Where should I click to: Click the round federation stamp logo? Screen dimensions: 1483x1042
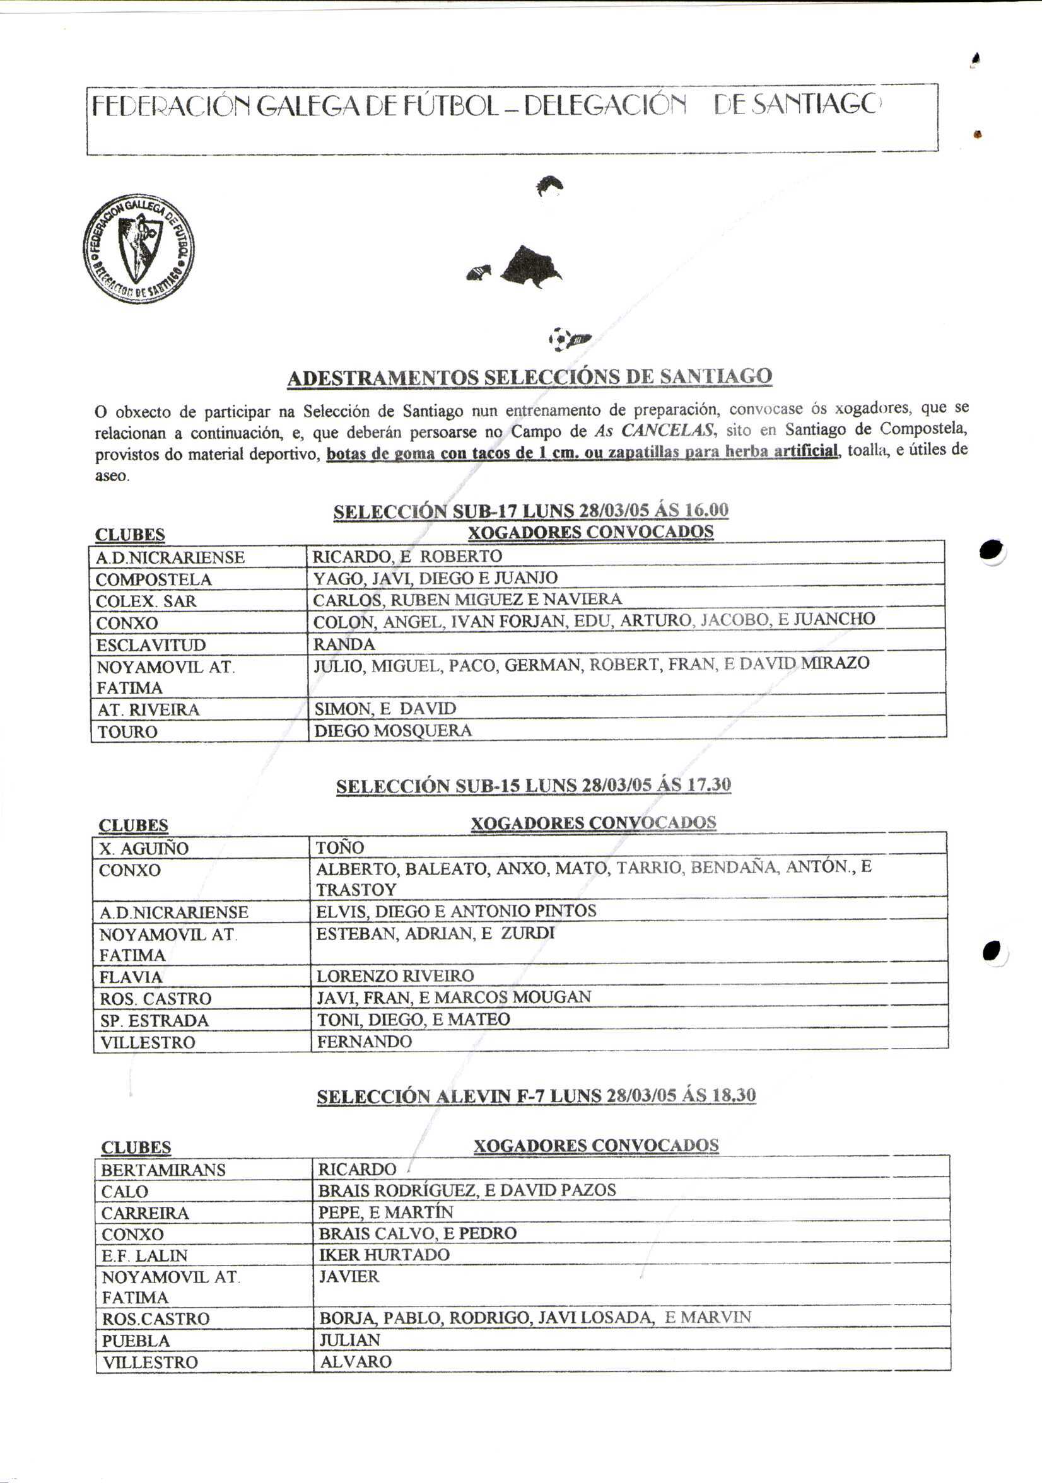click(138, 248)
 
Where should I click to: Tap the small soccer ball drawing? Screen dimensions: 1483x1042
click(559, 338)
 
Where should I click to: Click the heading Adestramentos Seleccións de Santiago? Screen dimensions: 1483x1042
click(529, 377)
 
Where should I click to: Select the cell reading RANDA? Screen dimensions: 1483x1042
click(344, 644)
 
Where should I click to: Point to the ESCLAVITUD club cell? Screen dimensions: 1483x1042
click(151, 645)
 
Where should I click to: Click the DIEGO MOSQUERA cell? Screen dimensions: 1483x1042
click(393, 731)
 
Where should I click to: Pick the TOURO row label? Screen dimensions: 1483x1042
click(127, 732)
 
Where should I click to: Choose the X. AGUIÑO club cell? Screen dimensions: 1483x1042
click(143, 849)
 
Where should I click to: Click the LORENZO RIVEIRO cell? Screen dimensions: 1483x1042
click(395, 975)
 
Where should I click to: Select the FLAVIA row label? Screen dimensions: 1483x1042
click(131, 977)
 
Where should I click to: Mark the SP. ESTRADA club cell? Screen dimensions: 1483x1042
click(154, 1021)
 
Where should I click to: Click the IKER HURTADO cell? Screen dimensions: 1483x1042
click(383, 1254)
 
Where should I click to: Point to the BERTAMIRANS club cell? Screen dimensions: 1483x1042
click(163, 1170)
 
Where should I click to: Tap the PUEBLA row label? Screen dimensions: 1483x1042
click(136, 1341)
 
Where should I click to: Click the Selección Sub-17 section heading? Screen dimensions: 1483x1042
click(530, 511)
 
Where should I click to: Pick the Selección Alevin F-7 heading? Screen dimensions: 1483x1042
click(536, 1096)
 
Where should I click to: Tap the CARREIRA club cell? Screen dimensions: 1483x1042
click(144, 1213)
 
